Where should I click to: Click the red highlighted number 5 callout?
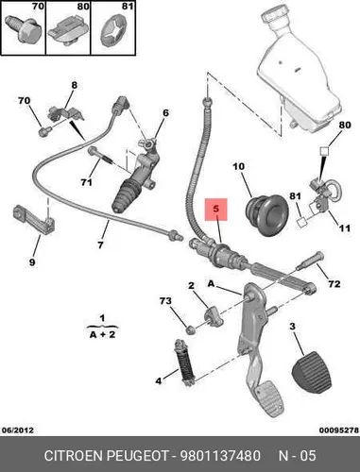215,210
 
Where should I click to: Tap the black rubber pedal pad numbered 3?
312,373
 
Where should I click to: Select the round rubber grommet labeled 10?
267,214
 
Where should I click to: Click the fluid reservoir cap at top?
277,15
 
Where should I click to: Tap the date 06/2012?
18,430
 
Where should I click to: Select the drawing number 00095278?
339,430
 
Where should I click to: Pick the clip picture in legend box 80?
67,30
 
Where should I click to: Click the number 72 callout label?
334,283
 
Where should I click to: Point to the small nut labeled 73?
190,330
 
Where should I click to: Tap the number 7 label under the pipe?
100,244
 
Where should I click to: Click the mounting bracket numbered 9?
34,219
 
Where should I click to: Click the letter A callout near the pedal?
211,283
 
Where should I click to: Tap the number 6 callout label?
165,112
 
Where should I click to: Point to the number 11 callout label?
344,228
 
